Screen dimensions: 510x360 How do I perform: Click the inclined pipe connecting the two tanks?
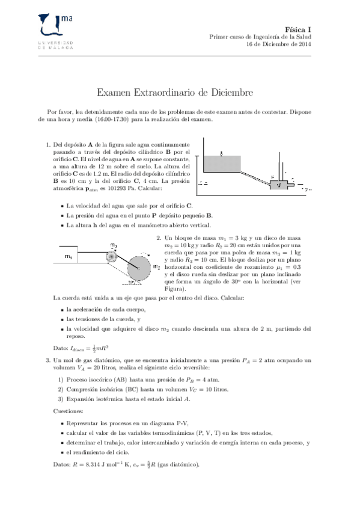(255, 176)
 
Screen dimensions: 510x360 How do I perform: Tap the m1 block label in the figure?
(70, 257)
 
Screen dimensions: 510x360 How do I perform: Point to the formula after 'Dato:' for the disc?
(92, 347)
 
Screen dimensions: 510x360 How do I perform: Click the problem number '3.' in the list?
(49, 360)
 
